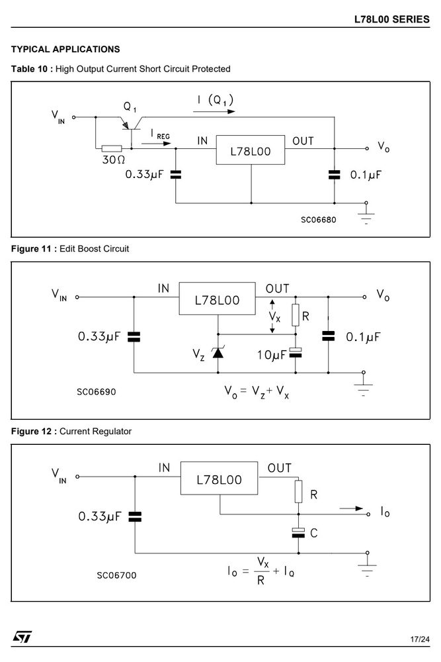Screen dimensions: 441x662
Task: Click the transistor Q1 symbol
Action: [x=132, y=125]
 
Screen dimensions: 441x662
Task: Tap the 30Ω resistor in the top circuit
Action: [x=112, y=148]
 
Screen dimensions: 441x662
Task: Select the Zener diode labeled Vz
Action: [x=218, y=352]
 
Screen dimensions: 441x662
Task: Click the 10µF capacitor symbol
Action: [x=296, y=353]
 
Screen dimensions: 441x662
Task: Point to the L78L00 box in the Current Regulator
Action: [x=220, y=478]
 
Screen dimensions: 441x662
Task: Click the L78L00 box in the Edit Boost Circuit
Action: [x=217, y=299]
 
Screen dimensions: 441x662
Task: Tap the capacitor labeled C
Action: [x=298, y=533]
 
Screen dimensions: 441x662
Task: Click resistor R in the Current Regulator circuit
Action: [x=298, y=491]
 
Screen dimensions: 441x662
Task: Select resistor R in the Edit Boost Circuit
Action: [x=296, y=315]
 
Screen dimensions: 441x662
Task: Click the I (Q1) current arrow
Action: [x=214, y=111]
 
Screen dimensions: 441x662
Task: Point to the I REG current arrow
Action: [x=156, y=144]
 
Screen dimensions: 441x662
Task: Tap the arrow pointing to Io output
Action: [x=351, y=508]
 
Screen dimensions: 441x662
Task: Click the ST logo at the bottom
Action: [x=22, y=637]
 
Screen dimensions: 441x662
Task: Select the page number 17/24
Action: [x=420, y=639]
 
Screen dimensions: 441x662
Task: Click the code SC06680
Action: [x=318, y=220]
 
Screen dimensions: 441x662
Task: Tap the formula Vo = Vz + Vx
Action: [x=257, y=392]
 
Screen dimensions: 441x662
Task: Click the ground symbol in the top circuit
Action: [x=366, y=214]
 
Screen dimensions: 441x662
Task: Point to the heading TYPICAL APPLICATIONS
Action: [x=65, y=50]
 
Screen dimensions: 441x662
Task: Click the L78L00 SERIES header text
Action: [x=391, y=19]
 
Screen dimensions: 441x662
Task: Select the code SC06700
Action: [x=116, y=575]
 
